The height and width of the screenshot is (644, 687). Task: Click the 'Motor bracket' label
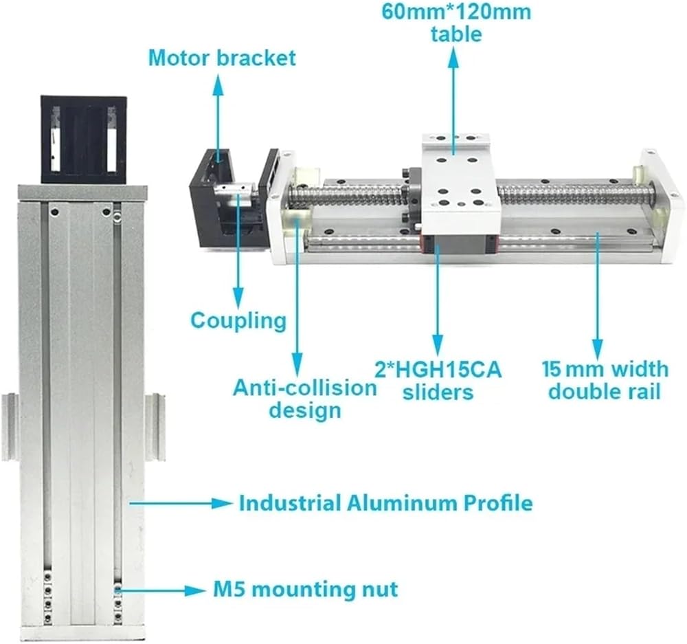pos(222,58)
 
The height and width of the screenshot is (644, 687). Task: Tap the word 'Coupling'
pos(238,320)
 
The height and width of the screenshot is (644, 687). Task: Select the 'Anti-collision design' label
pos(305,399)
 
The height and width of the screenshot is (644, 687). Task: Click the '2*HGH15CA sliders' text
pos(438,381)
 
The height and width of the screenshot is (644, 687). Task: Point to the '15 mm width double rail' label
pos(605,380)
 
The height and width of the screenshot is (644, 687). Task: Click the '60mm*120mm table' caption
pos(456,23)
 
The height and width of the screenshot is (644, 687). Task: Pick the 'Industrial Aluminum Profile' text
pos(386,503)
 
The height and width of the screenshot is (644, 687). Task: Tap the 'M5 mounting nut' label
pos(306,589)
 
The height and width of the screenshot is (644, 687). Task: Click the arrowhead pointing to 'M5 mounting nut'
pos(195,590)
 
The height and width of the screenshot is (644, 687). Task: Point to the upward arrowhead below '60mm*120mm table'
pos(453,58)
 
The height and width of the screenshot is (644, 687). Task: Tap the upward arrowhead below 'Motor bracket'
pos(218,85)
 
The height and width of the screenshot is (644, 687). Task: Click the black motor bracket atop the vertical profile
pos(83,140)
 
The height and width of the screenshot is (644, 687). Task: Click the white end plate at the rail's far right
pos(662,206)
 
